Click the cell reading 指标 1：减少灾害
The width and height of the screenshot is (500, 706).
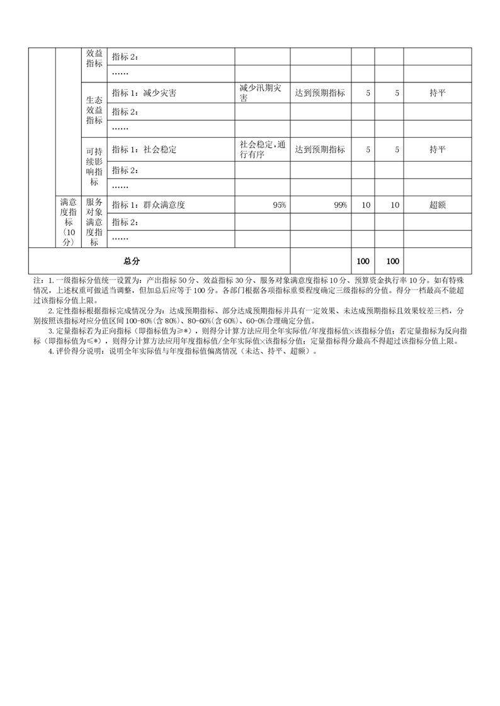click(x=144, y=93)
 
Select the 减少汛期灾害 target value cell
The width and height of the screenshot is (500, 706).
click(x=261, y=92)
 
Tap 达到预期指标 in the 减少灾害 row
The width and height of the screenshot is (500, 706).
click(x=320, y=93)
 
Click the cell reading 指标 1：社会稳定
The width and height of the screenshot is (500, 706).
click(x=144, y=150)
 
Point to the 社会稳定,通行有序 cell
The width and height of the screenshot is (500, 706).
click(x=263, y=150)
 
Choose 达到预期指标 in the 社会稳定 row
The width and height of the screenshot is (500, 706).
click(x=320, y=150)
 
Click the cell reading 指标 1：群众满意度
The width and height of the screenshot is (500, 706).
click(x=149, y=205)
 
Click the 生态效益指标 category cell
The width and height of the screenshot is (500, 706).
click(x=94, y=110)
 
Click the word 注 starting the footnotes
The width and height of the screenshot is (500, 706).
click(x=34, y=281)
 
